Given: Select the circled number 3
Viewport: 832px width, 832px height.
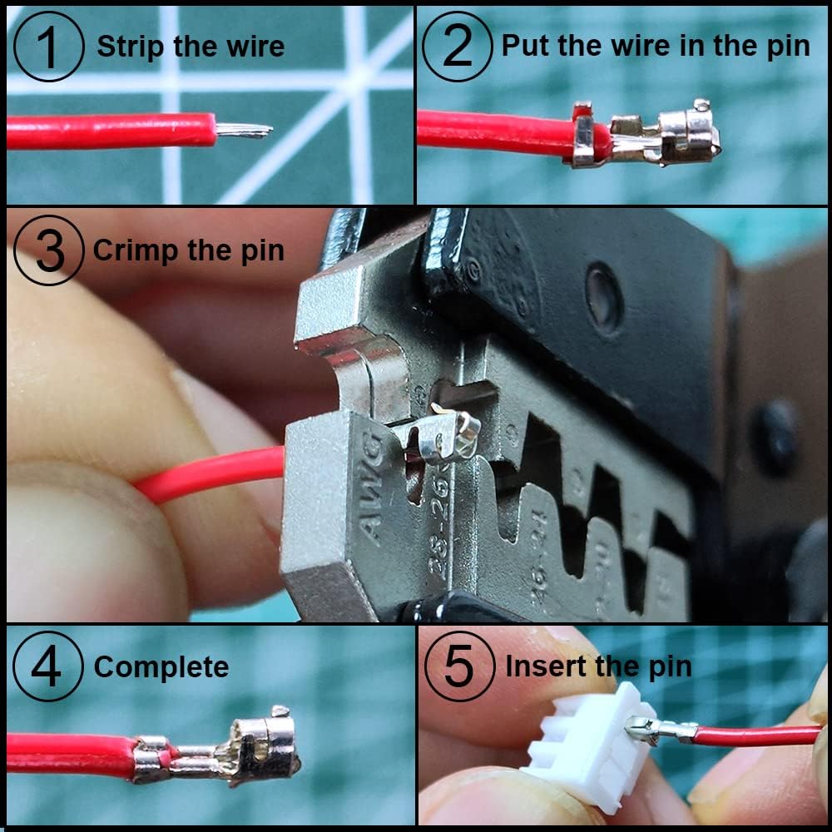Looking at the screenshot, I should click(x=49, y=250).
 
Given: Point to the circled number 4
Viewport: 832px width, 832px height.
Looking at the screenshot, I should click(x=47, y=667).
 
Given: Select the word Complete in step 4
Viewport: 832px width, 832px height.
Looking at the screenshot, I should click(x=161, y=667).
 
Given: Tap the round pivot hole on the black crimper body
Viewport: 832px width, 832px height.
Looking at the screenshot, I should click(x=604, y=287).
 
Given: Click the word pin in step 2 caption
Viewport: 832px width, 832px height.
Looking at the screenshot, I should click(x=786, y=47).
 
